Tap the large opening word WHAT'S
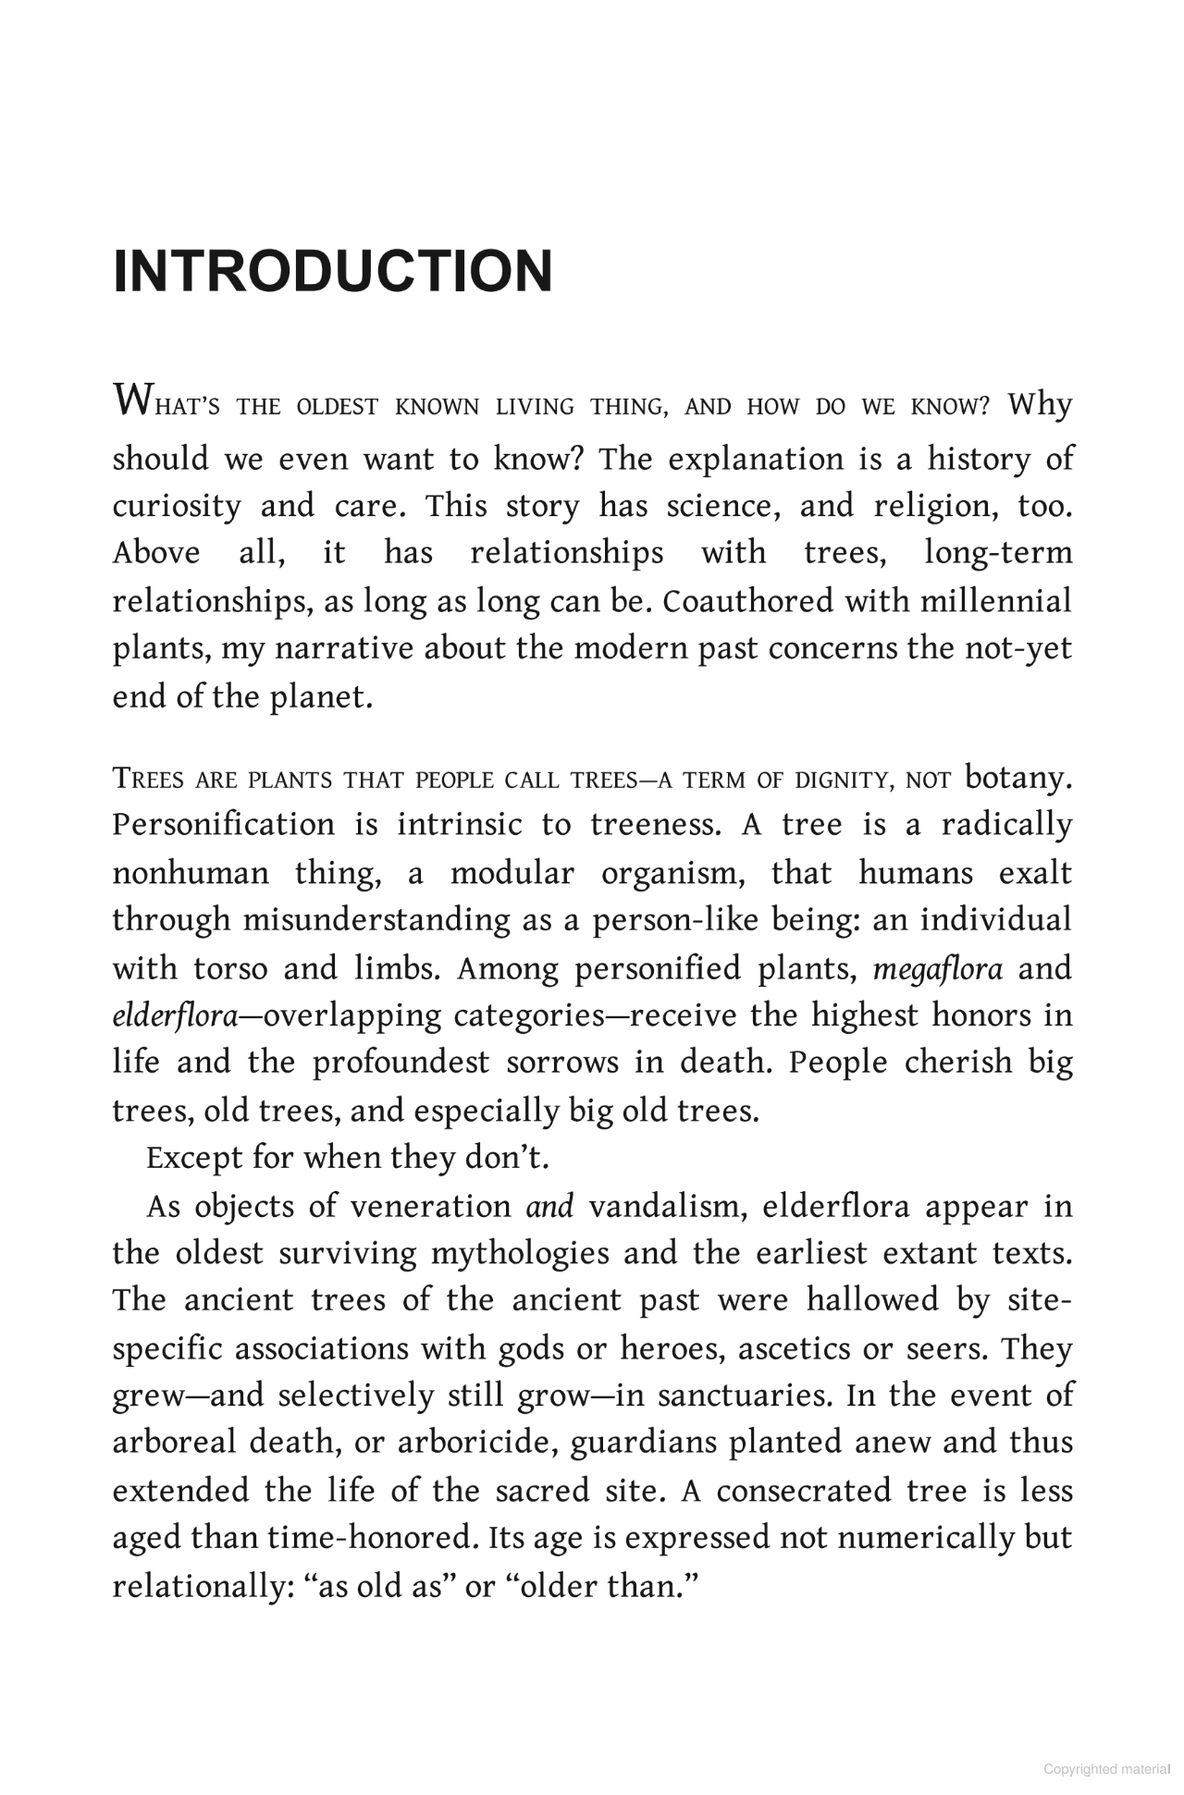pos(166,404)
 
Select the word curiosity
pos(176,506)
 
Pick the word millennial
pos(995,600)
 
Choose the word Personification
pos(223,824)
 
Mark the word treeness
pos(656,824)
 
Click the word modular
pos(512,872)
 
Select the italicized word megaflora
pos(937,968)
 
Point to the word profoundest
pos(401,1063)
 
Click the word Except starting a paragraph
pos(190,1158)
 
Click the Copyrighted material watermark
pos(1106,1769)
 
